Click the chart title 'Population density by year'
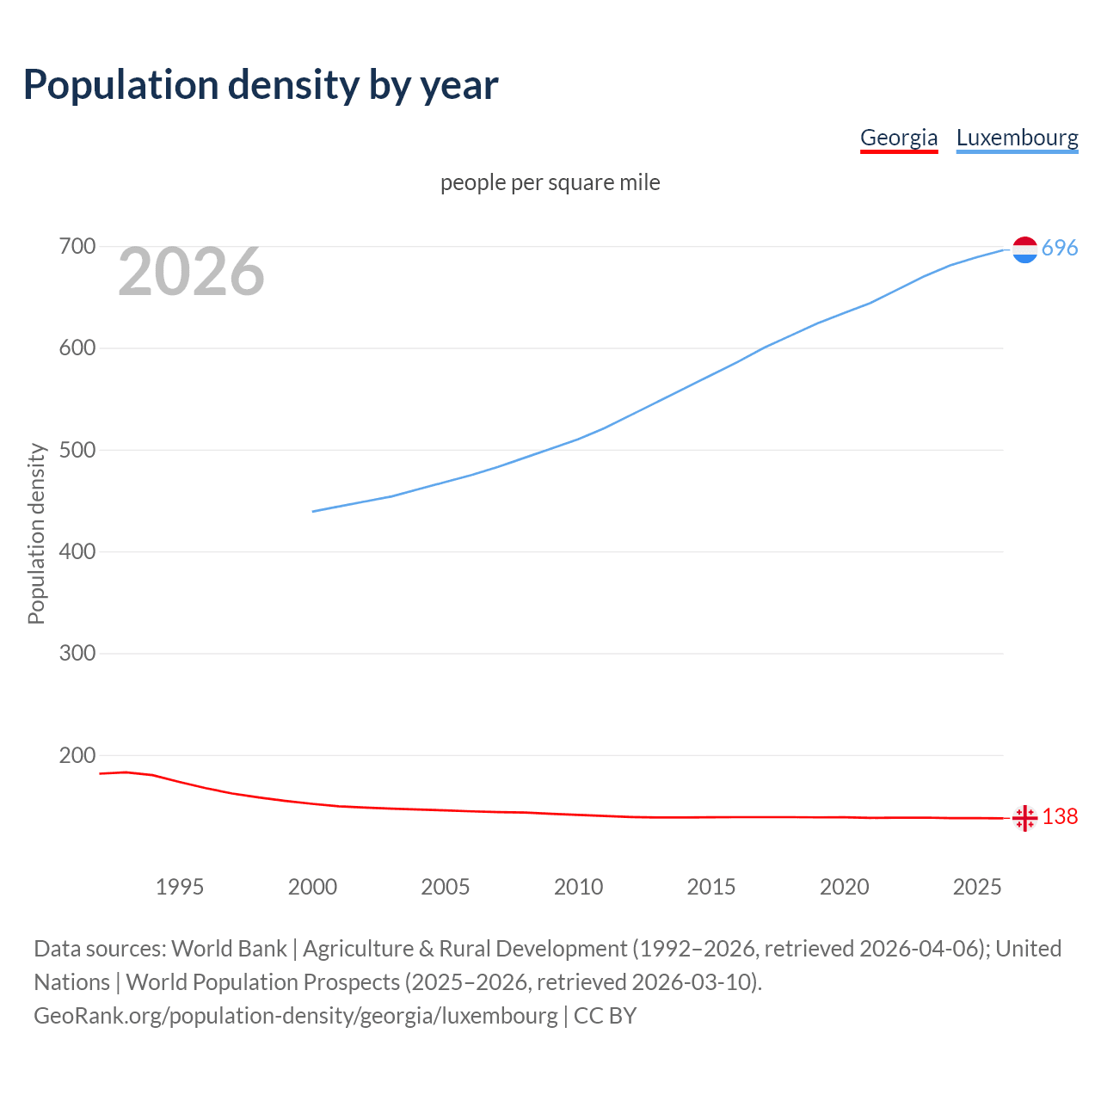pyautogui.click(x=261, y=85)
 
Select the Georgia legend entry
pyautogui.click(x=899, y=138)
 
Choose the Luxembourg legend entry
pyautogui.click(x=1017, y=138)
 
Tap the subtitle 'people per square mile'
pyautogui.click(x=550, y=183)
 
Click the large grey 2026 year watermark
pyautogui.click(x=191, y=272)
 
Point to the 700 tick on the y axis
pyautogui.click(x=77, y=247)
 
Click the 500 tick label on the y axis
pyautogui.click(x=77, y=450)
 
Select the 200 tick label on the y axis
pyautogui.click(x=77, y=755)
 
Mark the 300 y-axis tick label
pyautogui.click(x=77, y=654)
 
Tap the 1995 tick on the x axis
pyautogui.click(x=180, y=887)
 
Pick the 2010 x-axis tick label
pyautogui.click(x=578, y=887)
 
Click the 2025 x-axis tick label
pyautogui.click(x=977, y=887)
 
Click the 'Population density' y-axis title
pyautogui.click(x=36, y=533)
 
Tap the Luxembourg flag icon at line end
pyautogui.click(x=1024, y=249)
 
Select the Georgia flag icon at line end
pyautogui.click(x=1024, y=818)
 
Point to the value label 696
pyautogui.click(x=1060, y=249)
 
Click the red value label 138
pyautogui.click(x=1060, y=817)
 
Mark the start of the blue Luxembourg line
pyautogui.click(x=313, y=512)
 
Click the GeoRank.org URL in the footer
pyautogui.click(x=296, y=1016)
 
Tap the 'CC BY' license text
pyautogui.click(x=605, y=1016)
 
